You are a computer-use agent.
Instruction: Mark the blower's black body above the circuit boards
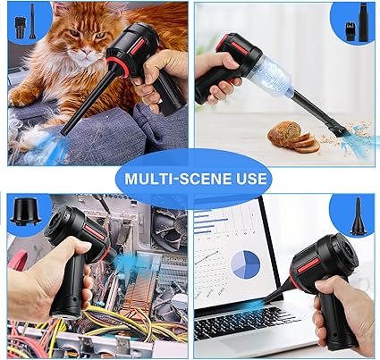coord(76,241)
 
